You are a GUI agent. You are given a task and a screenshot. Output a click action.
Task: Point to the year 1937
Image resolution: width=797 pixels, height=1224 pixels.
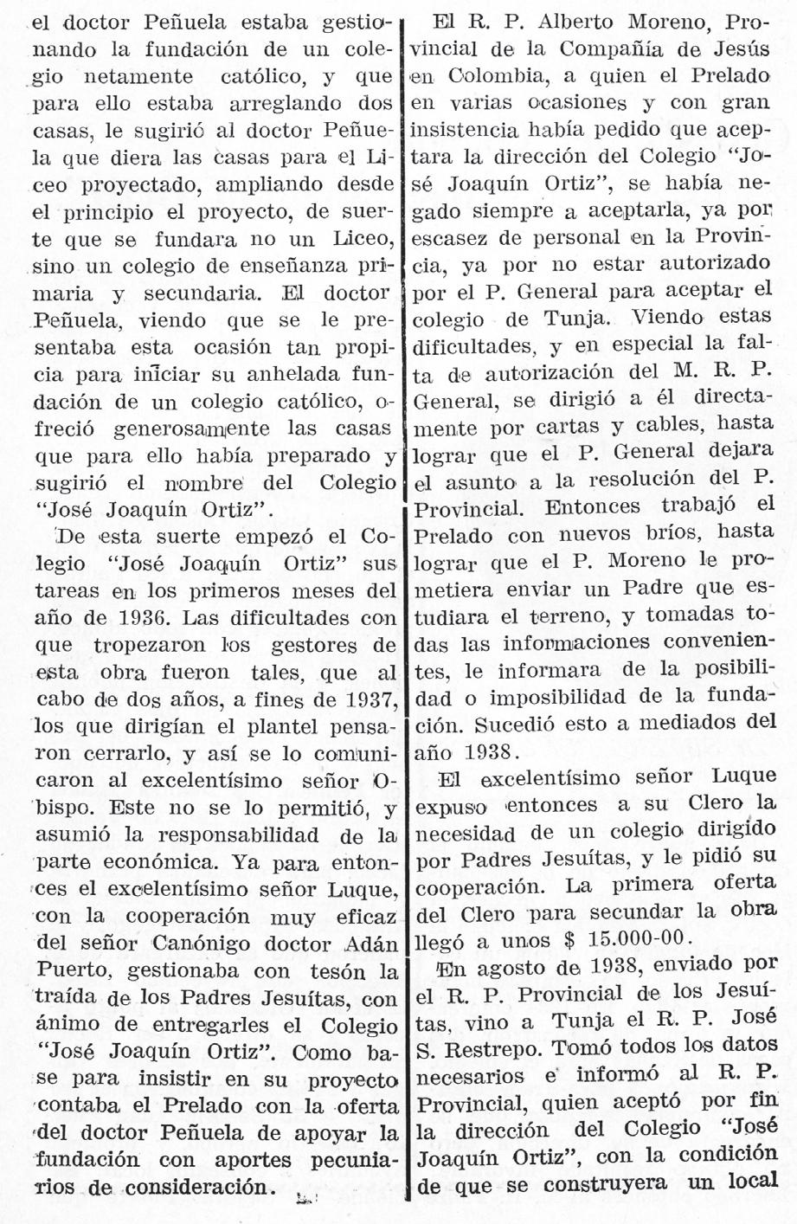point(368,699)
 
